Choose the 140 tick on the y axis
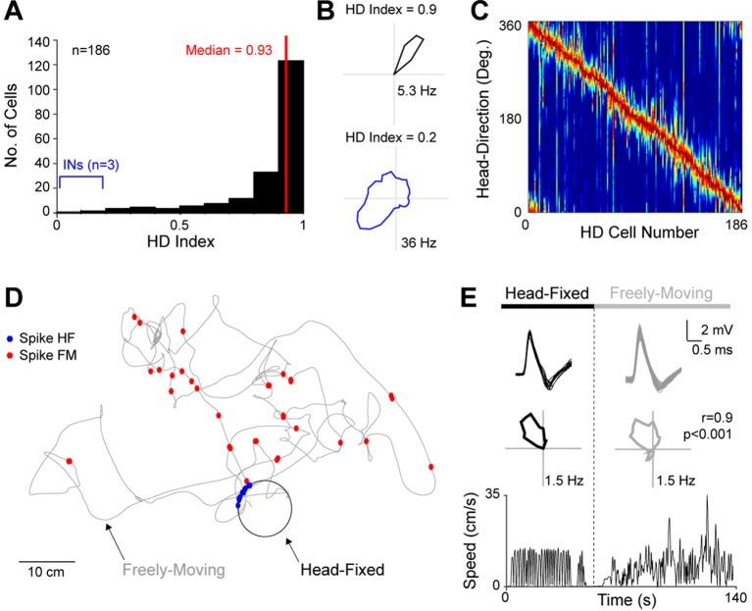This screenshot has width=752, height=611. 39,41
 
